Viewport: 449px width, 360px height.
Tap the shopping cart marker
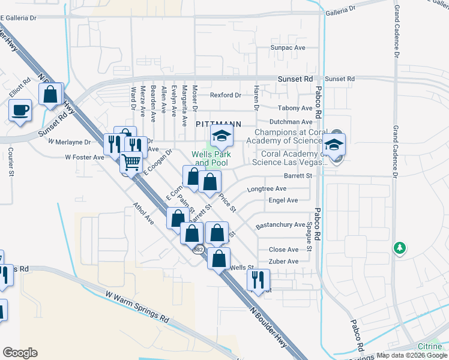(x=131, y=161)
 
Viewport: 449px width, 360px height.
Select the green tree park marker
(x=399, y=248)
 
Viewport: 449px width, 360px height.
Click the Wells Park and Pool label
(x=210, y=158)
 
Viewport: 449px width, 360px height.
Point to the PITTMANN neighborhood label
(x=218, y=124)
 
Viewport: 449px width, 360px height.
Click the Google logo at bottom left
(x=20, y=353)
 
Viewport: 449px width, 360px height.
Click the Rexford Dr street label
(x=225, y=95)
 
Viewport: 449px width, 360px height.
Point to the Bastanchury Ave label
(x=281, y=225)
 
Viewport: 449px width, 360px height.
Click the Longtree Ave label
(x=267, y=188)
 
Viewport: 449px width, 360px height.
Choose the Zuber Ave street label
(x=284, y=262)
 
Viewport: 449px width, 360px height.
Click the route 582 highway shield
(x=198, y=249)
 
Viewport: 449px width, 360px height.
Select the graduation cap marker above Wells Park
(x=221, y=137)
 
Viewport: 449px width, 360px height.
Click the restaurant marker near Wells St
(x=258, y=280)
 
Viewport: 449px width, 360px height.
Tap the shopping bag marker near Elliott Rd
(x=51, y=95)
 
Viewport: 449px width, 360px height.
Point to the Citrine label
(x=431, y=347)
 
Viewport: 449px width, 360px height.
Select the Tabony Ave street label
(x=295, y=108)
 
